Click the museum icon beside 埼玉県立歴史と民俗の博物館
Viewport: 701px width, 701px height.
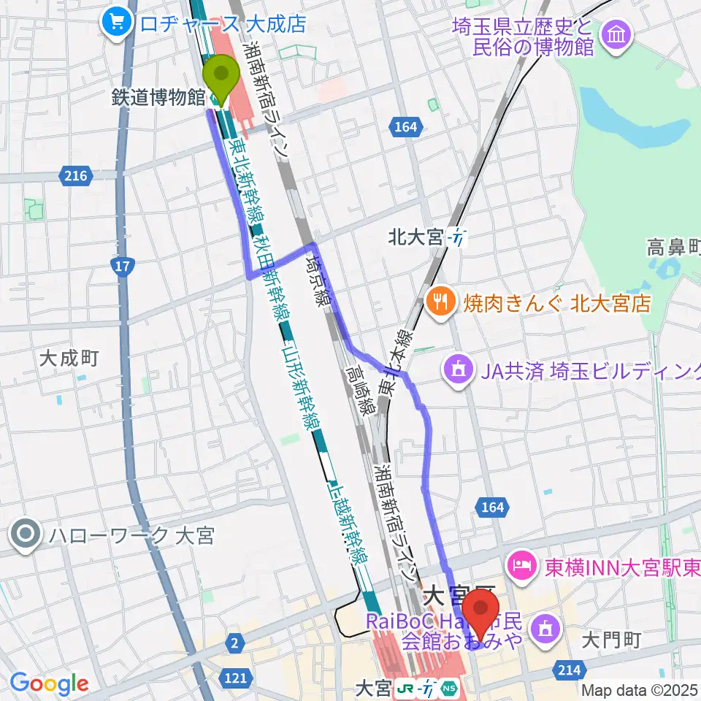click(x=616, y=34)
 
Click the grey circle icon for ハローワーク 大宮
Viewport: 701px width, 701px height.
click(x=26, y=536)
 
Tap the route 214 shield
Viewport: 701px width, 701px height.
click(x=571, y=670)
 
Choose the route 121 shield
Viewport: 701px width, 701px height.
click(x=235, y=678)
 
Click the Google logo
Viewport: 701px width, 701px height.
click(x=48, y=683)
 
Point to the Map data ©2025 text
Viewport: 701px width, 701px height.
click(x=640, y=689)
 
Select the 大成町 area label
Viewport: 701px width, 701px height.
click(x=69, y=358)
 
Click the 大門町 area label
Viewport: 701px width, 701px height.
click(x=613, y=640)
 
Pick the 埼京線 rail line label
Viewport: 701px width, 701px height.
click(x=321, y=279)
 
